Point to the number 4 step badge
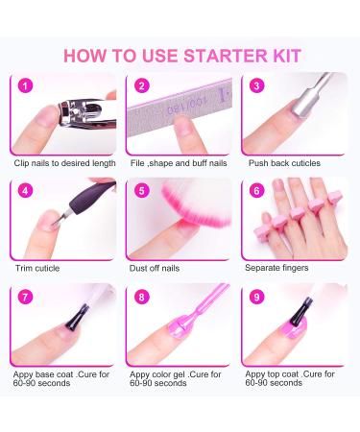coord(26,189)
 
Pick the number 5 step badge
coord(141,189)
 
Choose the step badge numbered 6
coord(255,189)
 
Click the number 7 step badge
coord(26,296)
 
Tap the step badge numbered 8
coord(141,296)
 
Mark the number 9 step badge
coord(255,296)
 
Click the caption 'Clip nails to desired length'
coord(65,163)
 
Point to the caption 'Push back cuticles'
coord(285,163)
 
